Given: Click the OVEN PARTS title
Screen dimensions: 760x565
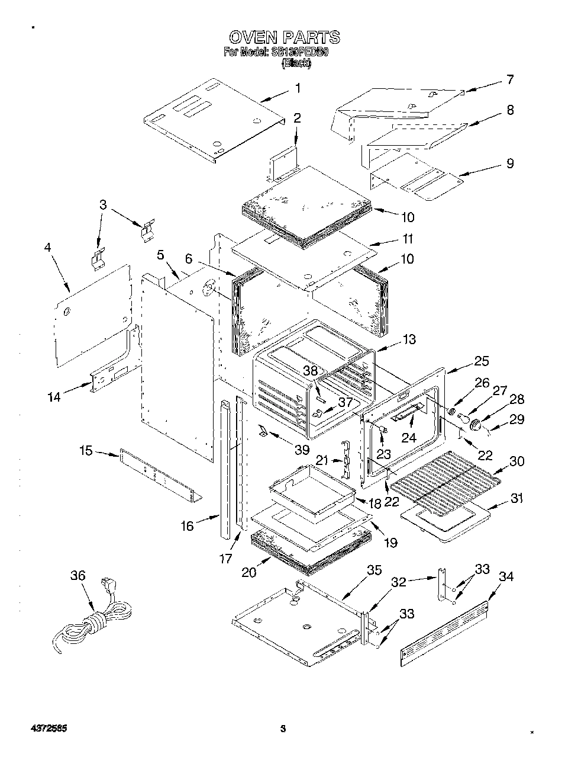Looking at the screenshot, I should (284, 37).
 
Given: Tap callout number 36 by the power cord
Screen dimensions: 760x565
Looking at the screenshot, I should (78, 575).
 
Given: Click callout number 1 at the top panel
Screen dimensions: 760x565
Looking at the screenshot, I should (298, 89).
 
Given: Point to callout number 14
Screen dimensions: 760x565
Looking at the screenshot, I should (54, 397).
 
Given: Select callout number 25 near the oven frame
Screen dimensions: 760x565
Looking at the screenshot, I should (481, 361).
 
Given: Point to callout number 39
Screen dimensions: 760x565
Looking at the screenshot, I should (302, 450).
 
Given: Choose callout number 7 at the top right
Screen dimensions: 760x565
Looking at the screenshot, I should (509, 79).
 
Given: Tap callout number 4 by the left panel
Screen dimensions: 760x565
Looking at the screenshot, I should (48, 248).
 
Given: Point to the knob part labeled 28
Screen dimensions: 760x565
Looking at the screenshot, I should (475, 424).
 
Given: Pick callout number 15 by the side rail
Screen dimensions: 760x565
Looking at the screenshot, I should (86, 451).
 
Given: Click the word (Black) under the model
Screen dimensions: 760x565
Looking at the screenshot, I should (295, 63).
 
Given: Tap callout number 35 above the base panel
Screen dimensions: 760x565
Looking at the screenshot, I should (374, 570).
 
